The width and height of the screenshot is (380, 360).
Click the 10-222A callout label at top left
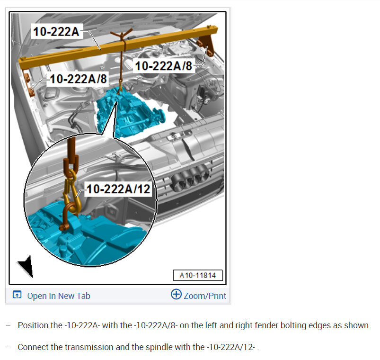tap(56, 32)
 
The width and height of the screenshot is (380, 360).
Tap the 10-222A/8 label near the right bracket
tap(164, 66)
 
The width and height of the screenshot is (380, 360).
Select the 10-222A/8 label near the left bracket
tap(78, 79)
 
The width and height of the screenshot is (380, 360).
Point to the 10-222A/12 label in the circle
tap(118, 189)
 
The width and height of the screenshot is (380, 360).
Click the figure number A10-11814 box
tap(198, 275)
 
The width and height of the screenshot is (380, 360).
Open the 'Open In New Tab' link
tap(59, 296)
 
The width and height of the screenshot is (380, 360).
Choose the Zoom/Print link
tap(205, 296)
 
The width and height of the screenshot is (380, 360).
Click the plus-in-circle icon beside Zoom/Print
tap(176, 294)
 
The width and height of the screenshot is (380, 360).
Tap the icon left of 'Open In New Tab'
tap(17, 295)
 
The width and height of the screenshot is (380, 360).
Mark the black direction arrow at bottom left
tap(27, 266)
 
